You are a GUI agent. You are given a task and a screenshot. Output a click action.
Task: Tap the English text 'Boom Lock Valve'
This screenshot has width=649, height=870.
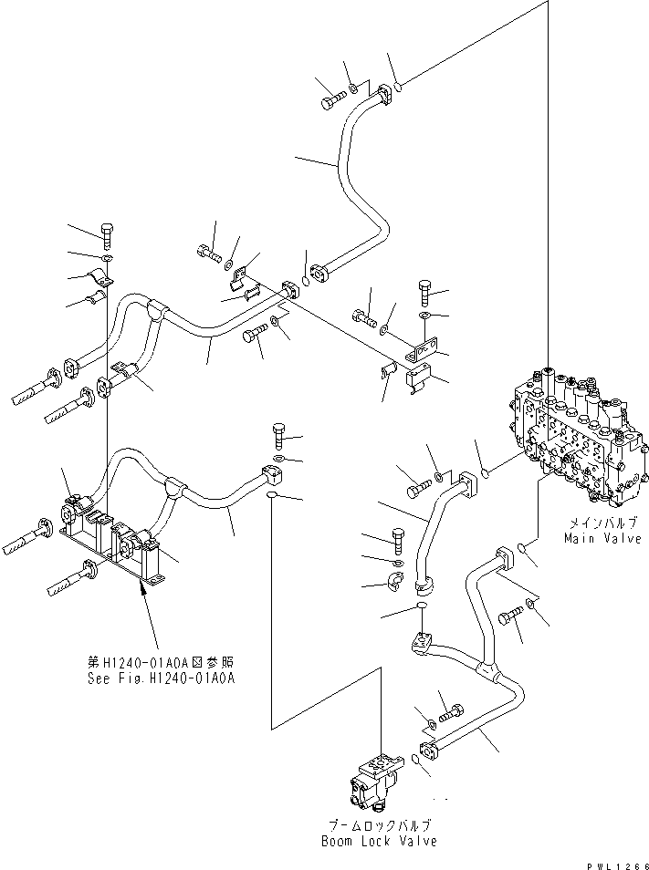click(x=378, y=840)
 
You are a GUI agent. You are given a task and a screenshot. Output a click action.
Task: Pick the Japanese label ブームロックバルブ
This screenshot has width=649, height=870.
click(x=378, y=824)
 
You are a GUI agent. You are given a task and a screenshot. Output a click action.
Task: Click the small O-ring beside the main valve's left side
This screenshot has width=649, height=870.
click(x=487, y=472)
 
